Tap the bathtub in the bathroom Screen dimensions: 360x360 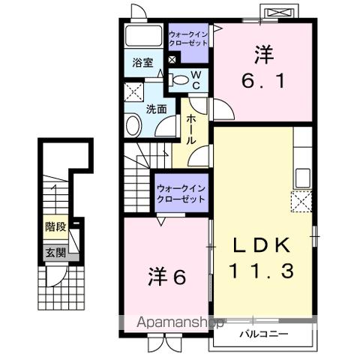click(142, 37)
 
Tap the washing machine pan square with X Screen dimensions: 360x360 click(134, 91)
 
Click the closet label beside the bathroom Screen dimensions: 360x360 click(189, 38)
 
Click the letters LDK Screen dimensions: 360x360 click(262, 246)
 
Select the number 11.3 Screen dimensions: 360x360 click(262, 270)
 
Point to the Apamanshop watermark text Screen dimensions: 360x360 click(178, 323)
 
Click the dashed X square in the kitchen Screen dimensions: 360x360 click(302, 202)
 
